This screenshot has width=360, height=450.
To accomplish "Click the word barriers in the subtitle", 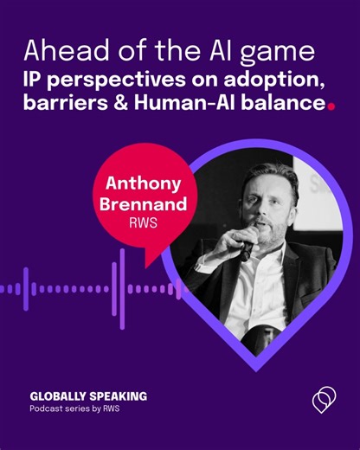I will tap(68, 106).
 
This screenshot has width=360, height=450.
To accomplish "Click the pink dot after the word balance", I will tap(331, 107).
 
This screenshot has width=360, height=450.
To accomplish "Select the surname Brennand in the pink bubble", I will tap(144, 209).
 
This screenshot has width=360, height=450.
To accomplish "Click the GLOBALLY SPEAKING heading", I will tap(88, 395).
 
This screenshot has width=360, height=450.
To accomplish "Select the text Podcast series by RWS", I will tap(73, 408).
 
